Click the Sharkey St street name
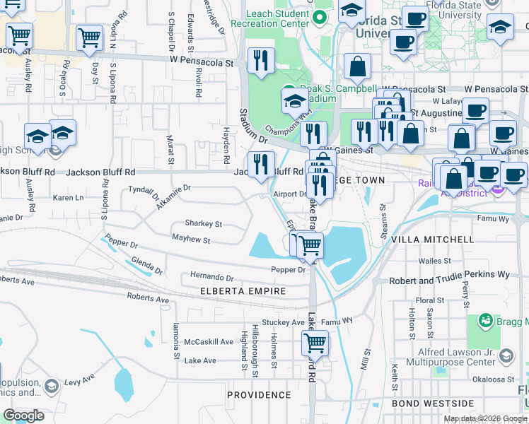pyautogui.click(x=203, y=223)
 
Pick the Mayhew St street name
pyautogui.click(x=192, y=240)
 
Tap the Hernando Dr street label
pyautogui.click(x=211, y=276)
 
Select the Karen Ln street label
pyautogui.click(x=69, y=197)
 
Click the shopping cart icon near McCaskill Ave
pyautogui.click(x=315, y=343)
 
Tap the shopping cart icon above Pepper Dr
pyautogui.click(x=308, y=245)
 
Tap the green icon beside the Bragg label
pyautogui.click(x=485, y=321)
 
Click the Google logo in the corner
pyautogui.click(x=23, y=415)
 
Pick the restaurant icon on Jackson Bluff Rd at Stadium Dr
pyautogui.click(x=262, y=164)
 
